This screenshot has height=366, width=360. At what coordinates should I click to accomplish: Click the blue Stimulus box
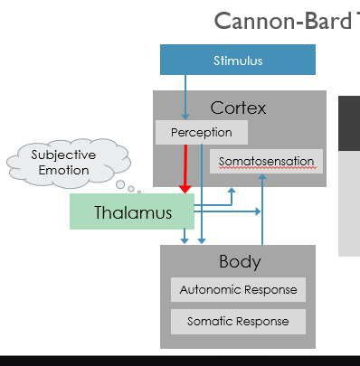[238, 61]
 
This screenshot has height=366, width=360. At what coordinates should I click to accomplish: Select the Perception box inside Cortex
[201, 133]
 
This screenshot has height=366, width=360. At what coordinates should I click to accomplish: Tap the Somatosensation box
[267, 163]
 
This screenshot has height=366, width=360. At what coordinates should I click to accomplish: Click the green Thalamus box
[133, 213]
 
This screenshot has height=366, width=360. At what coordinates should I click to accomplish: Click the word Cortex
[238, 108]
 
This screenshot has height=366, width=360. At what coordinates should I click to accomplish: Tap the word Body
[239, 262]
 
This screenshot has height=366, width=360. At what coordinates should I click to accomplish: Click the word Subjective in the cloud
[63, 155]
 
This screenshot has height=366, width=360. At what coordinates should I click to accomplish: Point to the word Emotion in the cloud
[63, 170]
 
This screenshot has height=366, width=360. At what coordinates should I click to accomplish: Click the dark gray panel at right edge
[349, 122]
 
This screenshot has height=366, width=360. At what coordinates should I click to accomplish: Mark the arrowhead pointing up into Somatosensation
[262, 179]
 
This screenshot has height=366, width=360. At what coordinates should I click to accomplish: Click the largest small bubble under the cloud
[120, 185]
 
